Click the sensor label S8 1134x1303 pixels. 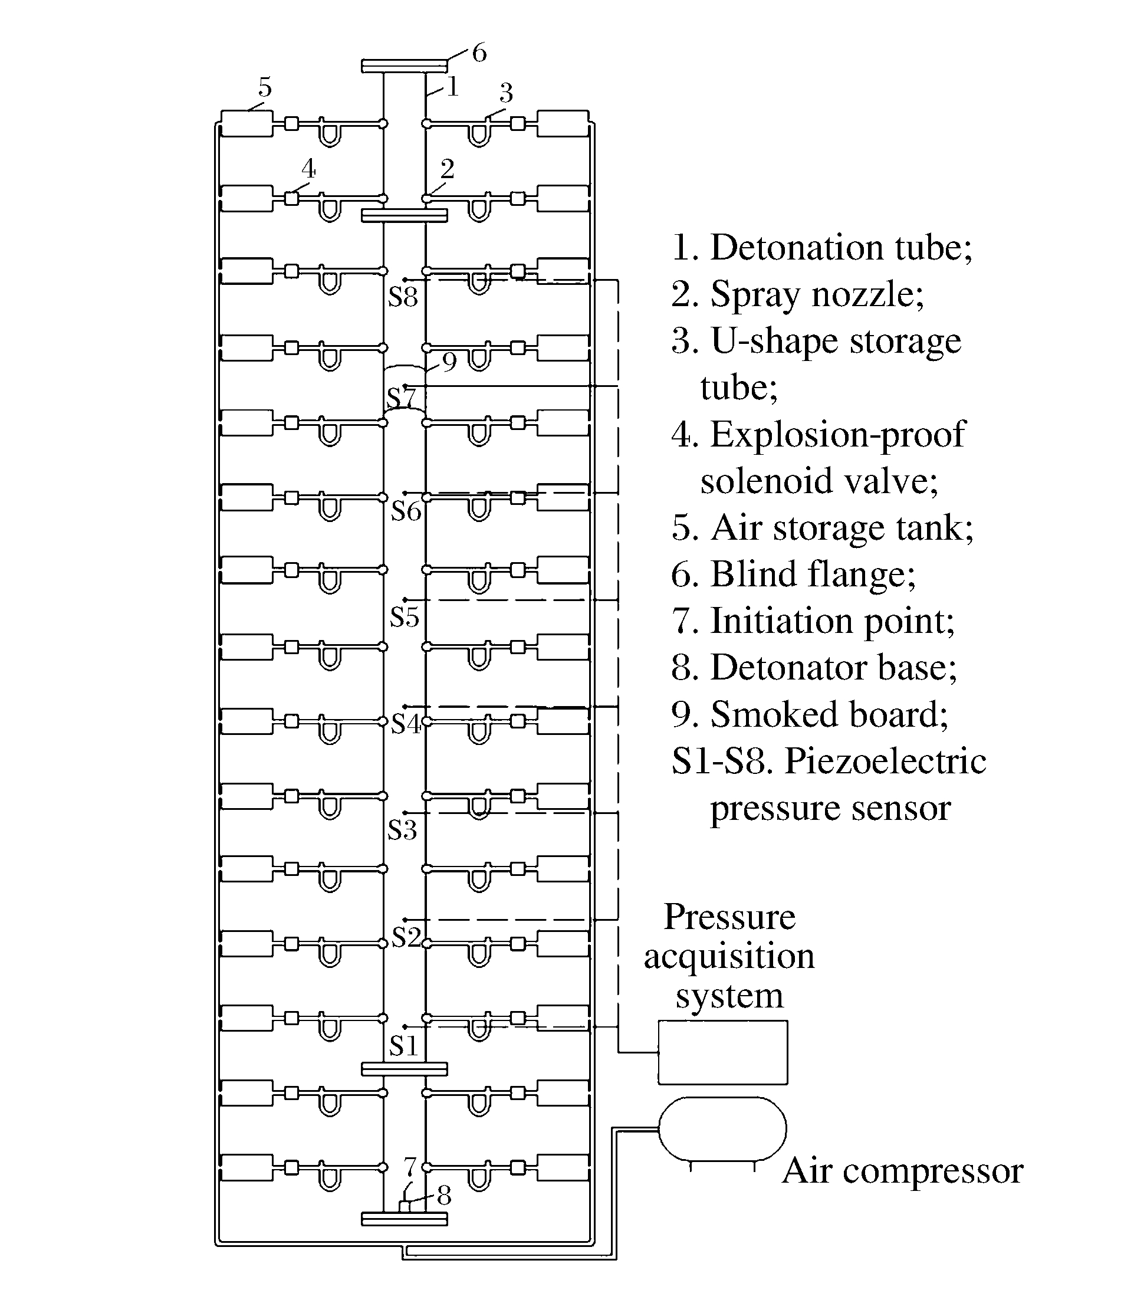tap(403, 297)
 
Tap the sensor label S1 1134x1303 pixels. tap(403, 1046)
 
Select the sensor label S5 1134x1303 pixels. tap(405, 617)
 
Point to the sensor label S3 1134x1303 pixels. tap(402, 830)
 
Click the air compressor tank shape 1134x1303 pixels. tap(722, 1130)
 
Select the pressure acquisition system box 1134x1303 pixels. tap(722, 1052)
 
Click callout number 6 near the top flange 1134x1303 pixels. tap(479, 53)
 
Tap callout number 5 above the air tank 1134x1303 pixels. tap(265, 87)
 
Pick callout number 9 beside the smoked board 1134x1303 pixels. tap(449, 362)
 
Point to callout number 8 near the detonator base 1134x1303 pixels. tap(444, 1196)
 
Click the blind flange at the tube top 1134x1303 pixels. tap(405, 66)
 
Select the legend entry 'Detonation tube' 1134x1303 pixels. tap(821, 247)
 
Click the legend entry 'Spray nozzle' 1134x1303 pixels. tap(797, 294)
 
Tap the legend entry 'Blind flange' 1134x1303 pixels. tap(793, 574)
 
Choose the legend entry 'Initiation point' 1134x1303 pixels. tap(813, 621)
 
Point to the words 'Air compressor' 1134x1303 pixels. tap(902, 1171)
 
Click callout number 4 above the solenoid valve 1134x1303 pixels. tap(308, 169)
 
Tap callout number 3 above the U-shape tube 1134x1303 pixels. tap(505, 94)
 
